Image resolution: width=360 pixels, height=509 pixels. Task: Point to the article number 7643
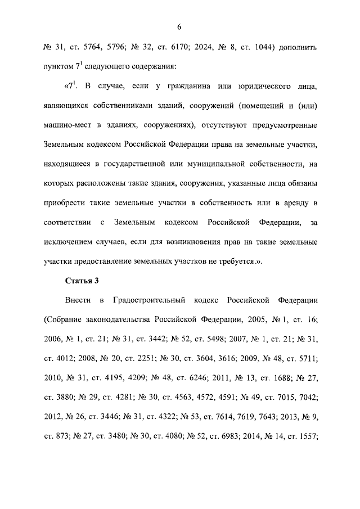267,418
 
